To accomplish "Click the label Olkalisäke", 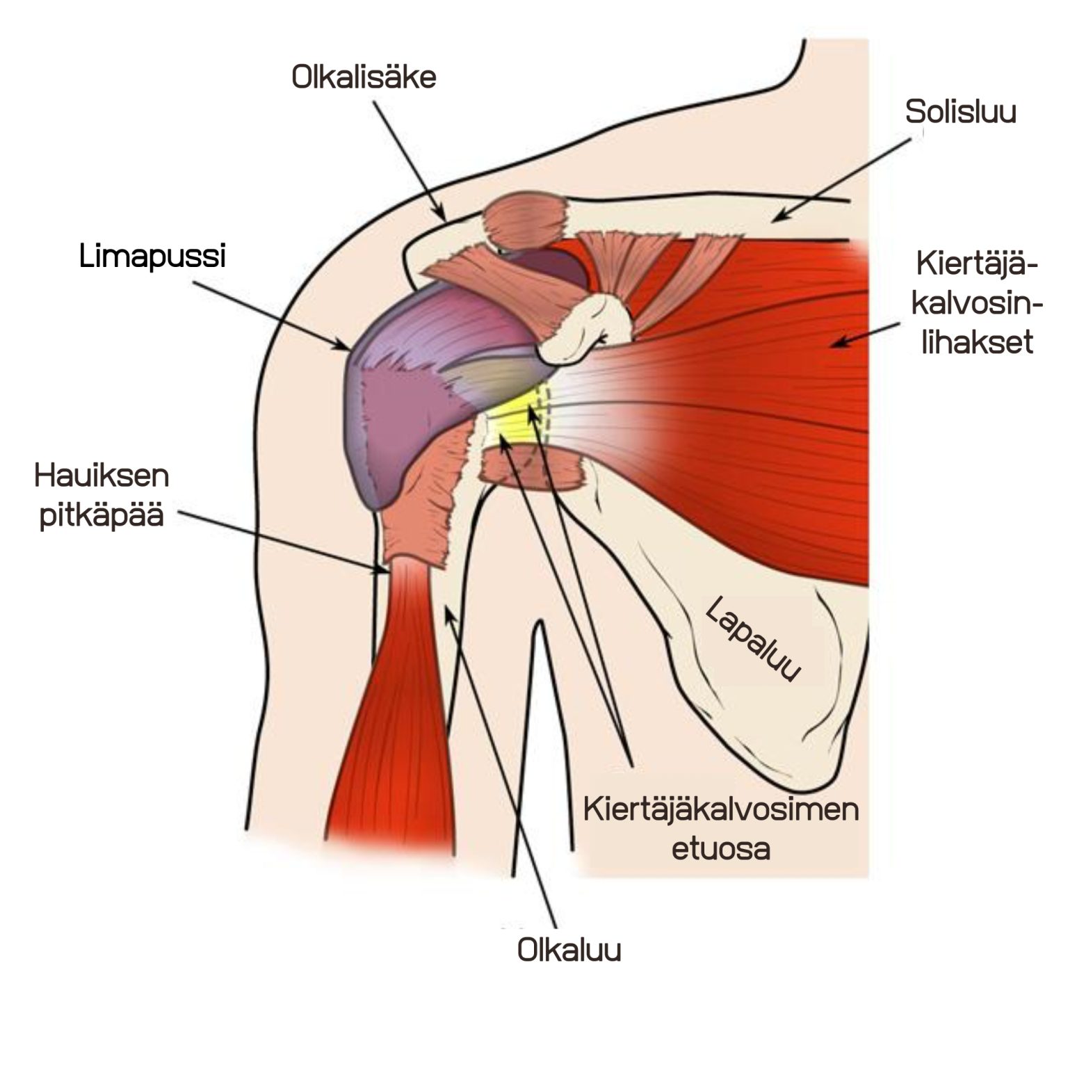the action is pyautogui.click(x=364, y=77).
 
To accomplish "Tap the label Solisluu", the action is pyautogui.click(x=960, y=111).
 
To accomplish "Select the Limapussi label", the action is pyautogui.click(x=152, y=257).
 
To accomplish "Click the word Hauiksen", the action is pyautogui.click(x=102, y=476).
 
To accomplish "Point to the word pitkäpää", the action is pyautogui.click(x=102, y=517).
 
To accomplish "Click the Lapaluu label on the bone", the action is pyautogui.click(x=753, y=640).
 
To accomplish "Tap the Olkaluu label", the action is pyautogui.click(x=569, y=950).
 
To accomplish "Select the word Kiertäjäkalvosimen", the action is pyautogui.click(x=721, y=811).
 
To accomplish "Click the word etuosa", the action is pyautogui.click(x=721, y=850).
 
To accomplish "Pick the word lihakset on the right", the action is pyautogui.click(x=978, y=343).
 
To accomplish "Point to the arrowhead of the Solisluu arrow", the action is pyautogui.click(x=780, y=216).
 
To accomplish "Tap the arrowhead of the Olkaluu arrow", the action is pyautogui.click(x=449, y=612).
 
